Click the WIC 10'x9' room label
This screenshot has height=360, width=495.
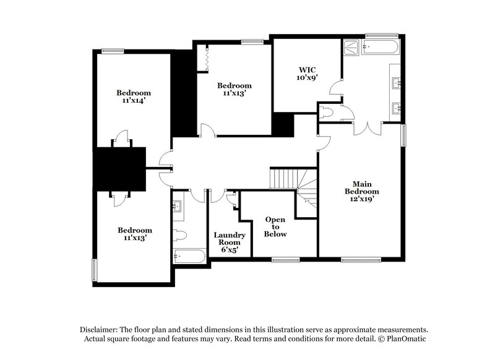(306, 74)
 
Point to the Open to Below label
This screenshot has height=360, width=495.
(275, 227)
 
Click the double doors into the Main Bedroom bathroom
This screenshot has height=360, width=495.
(368, 128)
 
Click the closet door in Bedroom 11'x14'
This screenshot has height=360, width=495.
(121, 137)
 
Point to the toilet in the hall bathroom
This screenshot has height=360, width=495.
(178, 235)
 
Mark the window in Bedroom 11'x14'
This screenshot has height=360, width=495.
(111, 51)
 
